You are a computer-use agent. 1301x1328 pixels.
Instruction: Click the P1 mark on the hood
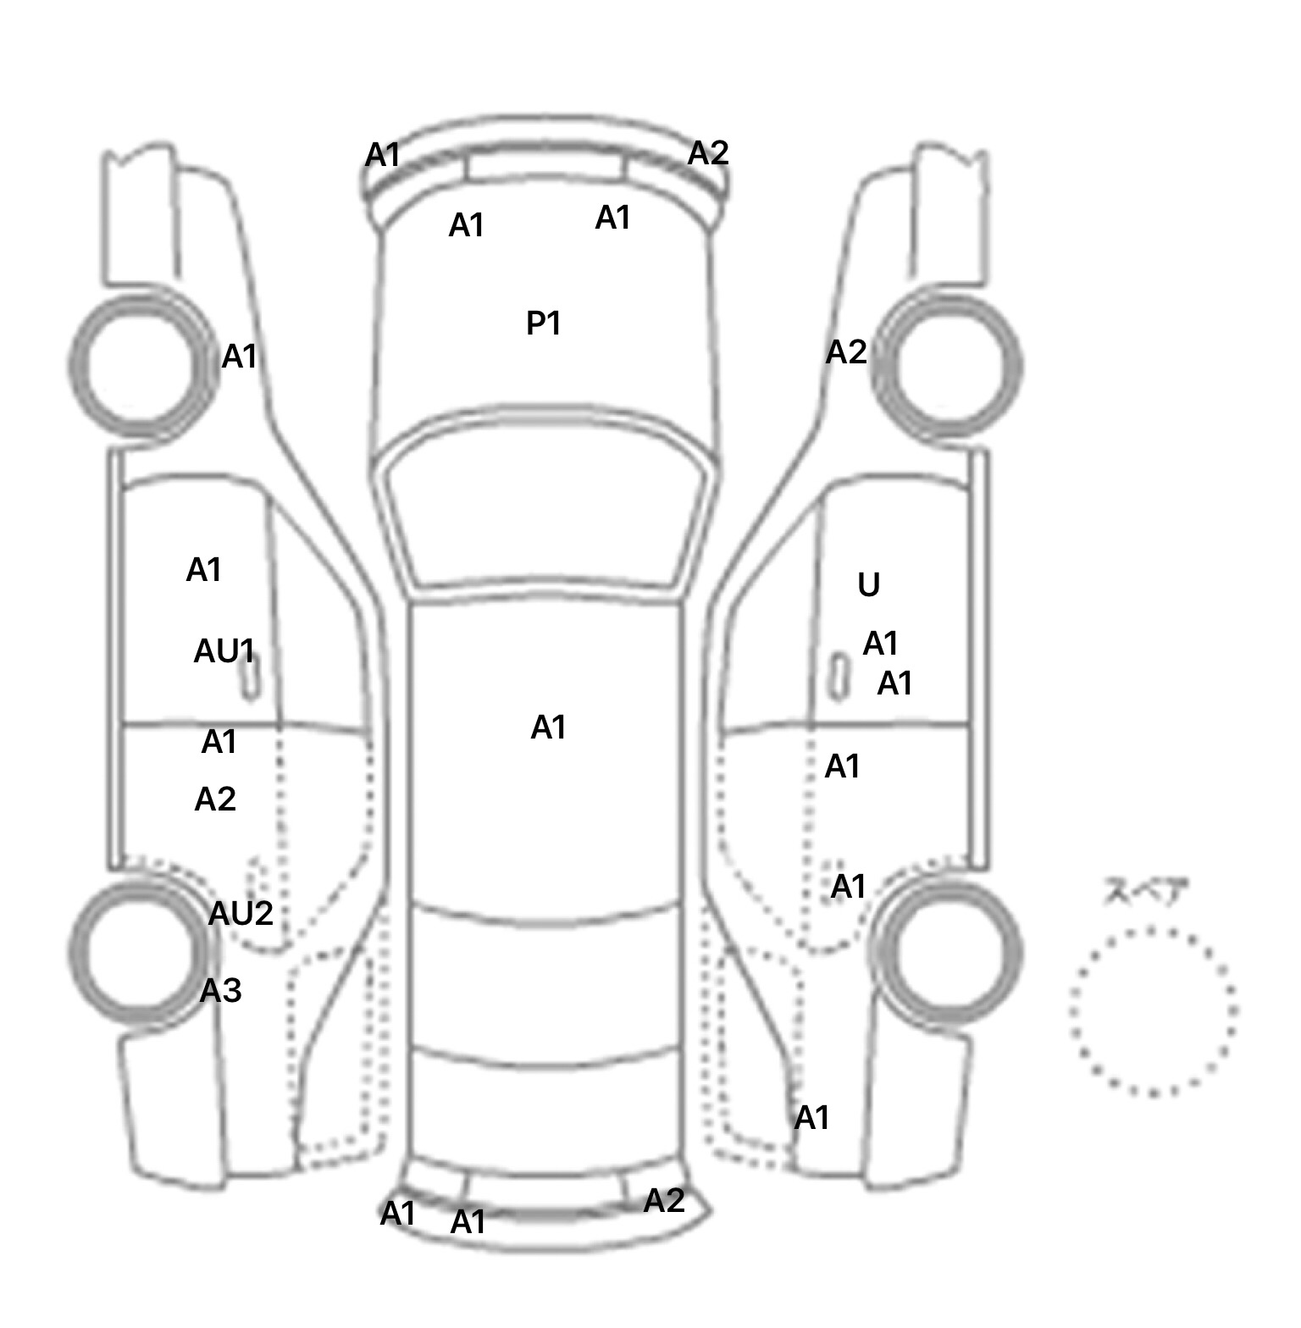(544, 323)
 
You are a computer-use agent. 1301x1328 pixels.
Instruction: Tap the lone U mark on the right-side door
(869, 584)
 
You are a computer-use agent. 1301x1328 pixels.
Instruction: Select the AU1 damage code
(224, 651)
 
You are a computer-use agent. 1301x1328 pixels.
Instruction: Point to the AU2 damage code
(241, 913)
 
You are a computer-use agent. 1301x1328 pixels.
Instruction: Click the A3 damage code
(220, 990)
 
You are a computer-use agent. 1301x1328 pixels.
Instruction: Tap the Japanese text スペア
(1145, 892)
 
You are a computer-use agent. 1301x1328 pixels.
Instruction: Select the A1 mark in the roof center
(548, 728)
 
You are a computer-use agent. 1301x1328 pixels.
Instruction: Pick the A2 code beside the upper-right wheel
(846, 351)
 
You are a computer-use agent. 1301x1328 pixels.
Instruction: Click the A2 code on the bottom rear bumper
(664, 1200)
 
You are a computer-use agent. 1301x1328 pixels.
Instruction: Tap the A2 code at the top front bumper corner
(708, 153)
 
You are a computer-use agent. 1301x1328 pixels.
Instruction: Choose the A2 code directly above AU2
(215, 799)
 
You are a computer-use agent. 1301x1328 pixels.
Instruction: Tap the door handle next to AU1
(250, 674)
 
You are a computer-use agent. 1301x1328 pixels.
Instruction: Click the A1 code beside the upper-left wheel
(239, 357)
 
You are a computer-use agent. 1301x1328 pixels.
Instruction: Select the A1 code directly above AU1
(204, 570)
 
